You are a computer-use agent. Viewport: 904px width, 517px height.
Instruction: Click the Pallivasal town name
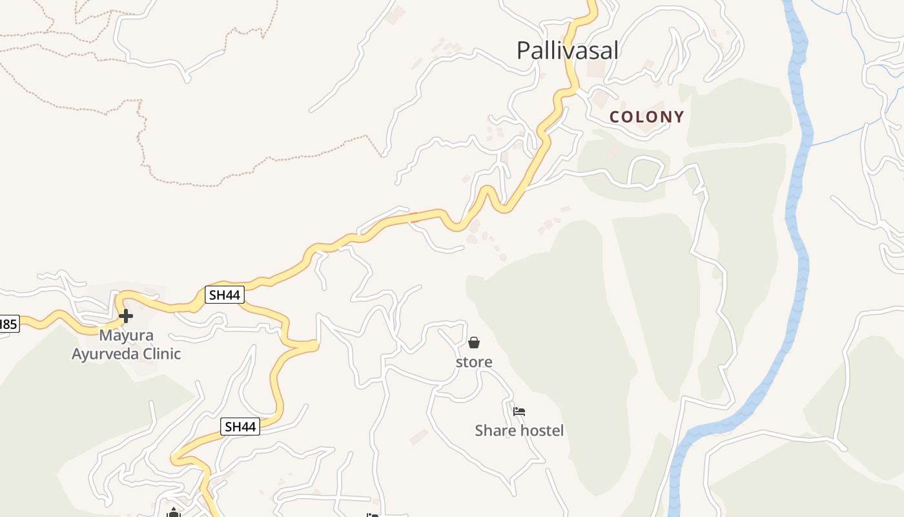[568, 50]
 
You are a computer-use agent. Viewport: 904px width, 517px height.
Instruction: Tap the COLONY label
[647, 117]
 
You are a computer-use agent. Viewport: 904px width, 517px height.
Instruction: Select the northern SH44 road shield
[225, 295]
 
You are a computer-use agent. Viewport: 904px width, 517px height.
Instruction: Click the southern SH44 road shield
[240, 427]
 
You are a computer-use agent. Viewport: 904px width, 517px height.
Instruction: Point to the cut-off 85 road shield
[8, 324]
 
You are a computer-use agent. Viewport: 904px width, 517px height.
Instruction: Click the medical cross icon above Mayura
[126, 316]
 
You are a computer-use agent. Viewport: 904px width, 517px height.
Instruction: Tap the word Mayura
[126, 335]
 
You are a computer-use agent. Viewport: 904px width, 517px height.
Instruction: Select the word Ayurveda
[107, 354]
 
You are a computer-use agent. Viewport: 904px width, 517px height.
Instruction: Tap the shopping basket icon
[474, 343]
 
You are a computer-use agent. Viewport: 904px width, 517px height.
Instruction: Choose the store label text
[474, 362]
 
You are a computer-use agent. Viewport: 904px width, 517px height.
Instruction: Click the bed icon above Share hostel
[519, 411]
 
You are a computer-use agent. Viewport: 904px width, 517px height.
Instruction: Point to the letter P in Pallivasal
[524, 50]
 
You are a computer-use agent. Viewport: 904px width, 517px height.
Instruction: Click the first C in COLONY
[615, 117]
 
